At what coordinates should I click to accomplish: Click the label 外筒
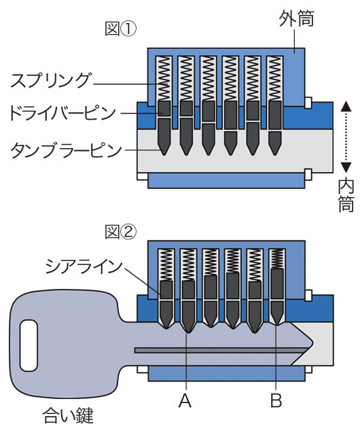pyautogui.click(x=296, y=19)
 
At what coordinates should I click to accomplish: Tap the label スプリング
pyautogui.click(x=50, y=80)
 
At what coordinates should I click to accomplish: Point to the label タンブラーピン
pyautogui.click(x=66, y=150)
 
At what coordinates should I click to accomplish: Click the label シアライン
pyautogui.click(x=84, y=266)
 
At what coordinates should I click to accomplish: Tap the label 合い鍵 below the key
pyautogui.click(x=68, y=416)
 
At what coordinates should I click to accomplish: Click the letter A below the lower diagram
pyautogui.click(x=185, y=401)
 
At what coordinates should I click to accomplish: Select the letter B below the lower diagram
pyautogui.click(x=276, y=401)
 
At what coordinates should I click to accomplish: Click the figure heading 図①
pyautogui.click(x=120, y=29)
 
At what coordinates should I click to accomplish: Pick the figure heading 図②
pyautogui.click(x=120, y=232)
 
